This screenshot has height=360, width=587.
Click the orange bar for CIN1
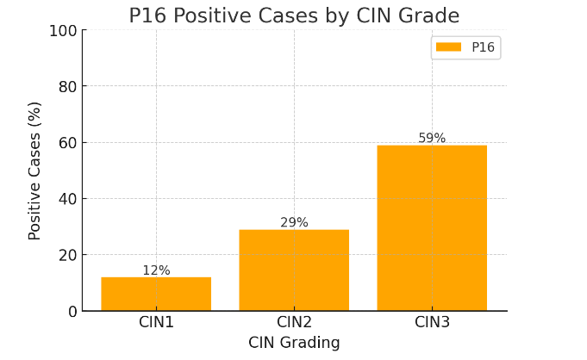pyautogui.click(x=156, y=294)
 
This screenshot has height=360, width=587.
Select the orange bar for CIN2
pyautogui.click(x=294, y=270)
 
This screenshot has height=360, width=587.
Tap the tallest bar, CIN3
pyautogui.click(x=432, y=227)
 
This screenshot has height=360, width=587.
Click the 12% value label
pyautogui.click(x=156, y=270)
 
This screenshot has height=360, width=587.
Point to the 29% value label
pyautogui.click(x=294, y=223)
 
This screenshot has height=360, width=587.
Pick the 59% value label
pyautogui.click(x=432, y=139)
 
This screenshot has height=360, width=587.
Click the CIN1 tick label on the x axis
pyautogui.click(x=156, y=322)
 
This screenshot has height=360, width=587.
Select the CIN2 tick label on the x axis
pyautogui.click(x=294, y=322)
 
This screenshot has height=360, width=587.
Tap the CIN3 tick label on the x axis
pyautogui.click(x=432, y=322)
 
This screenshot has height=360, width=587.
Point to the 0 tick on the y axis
pyautogui.click(x=72, y=311)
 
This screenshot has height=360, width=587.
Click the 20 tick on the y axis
pyautogui.click(x=67, y=255)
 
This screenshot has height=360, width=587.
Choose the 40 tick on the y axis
pyautogui.click(x=67, y=199)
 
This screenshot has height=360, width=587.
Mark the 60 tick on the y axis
pyautogui.click(x=67, y=143)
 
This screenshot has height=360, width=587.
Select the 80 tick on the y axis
pyautogui.click(x=67, y=87)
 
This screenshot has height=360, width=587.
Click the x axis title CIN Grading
pyautogui.click(x=294, y=343)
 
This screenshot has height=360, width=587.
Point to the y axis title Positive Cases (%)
pyautogui.click(x=35, y=171)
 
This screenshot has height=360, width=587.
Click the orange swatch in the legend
pyautogui.click(x=448, y=47)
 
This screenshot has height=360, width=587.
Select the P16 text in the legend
pyautogui.click(x=483, y=47)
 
